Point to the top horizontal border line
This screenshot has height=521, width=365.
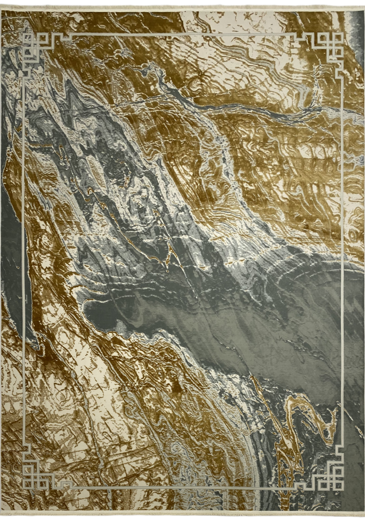pos(183,34)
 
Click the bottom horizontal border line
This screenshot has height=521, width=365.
pos(183,488)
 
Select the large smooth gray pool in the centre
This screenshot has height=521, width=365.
pos(203,318)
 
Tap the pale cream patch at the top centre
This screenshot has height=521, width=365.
pos(227,22)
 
